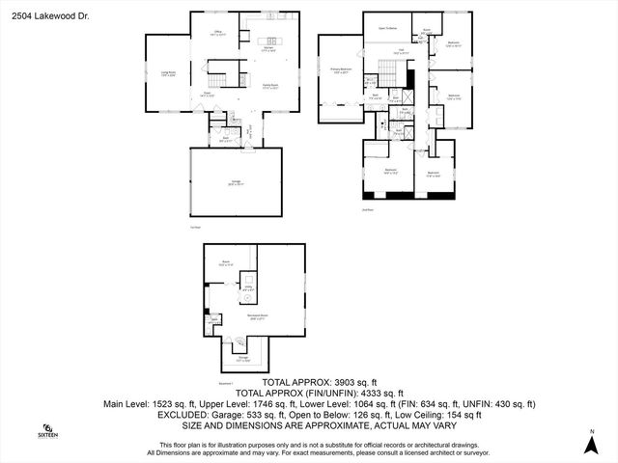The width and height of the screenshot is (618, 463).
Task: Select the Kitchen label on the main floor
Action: tap(267, 50)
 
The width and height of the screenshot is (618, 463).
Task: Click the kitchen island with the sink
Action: tap(268, 40)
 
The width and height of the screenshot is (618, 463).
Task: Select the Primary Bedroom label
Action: tap(341, 71)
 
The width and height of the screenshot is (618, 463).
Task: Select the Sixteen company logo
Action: tap(48, 431)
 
